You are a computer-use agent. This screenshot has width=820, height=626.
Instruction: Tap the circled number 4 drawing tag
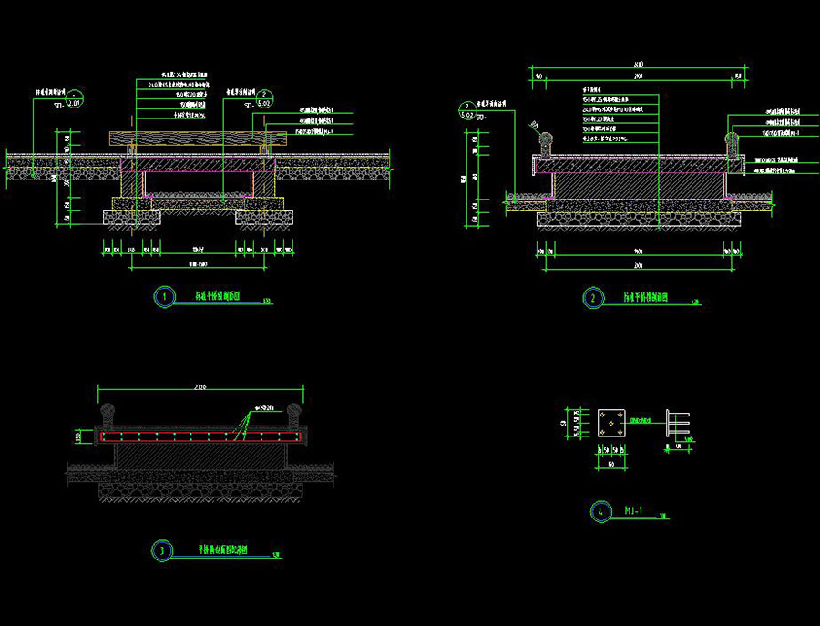pos(600,511)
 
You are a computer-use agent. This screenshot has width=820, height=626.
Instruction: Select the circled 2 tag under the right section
pos(592,297)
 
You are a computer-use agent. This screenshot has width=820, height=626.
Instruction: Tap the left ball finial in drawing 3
pos(107,412)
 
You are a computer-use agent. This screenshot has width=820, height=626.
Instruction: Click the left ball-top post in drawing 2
pos(546,143)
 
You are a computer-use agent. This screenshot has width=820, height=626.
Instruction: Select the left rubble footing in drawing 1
pos(130,219)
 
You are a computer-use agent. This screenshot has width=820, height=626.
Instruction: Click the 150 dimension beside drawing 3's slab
pos(79,437)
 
